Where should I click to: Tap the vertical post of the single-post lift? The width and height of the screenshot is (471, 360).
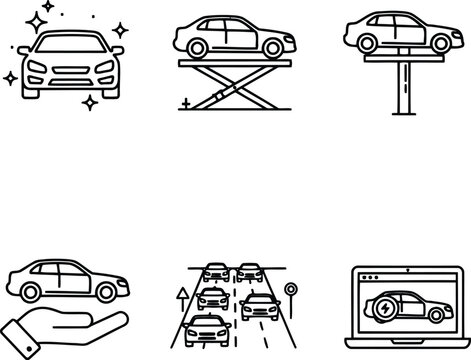pos(406,86)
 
